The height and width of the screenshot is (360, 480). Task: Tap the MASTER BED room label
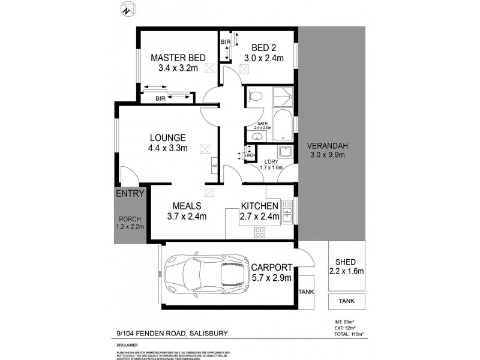coord(178,58)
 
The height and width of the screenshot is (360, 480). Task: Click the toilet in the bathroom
coord(254,95)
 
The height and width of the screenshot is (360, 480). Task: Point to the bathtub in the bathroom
coord(283,124)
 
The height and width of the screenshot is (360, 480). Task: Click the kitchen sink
coord(288,213)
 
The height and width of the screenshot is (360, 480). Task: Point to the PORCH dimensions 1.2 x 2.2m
coord(130,226)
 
